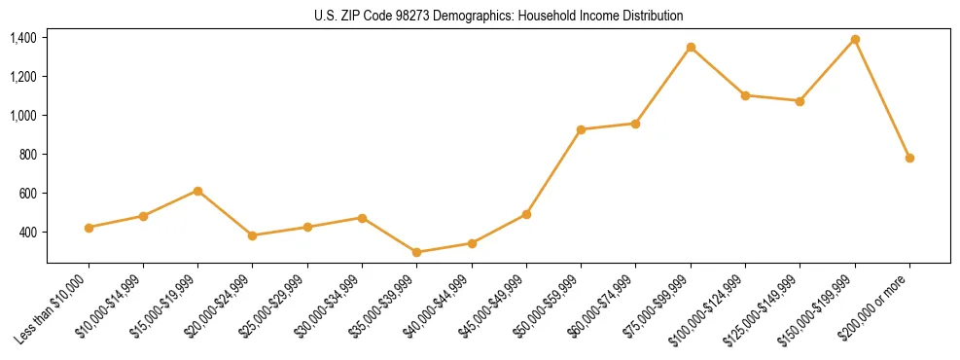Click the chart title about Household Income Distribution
pos(498,17)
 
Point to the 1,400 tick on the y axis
pos(22,38)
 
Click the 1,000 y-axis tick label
pos(22,116)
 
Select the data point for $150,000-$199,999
pos(855,39)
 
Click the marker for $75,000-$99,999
pos(691,47)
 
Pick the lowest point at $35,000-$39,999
pos(416,252)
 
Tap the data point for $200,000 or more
pos(909,158)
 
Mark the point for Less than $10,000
pos(89,228)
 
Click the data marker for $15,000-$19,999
pos(197,191)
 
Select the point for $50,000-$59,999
pos(581,129)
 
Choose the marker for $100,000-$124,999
pos(745,95)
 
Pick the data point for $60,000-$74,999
pos(635,124)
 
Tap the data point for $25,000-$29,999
pos(307,227)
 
